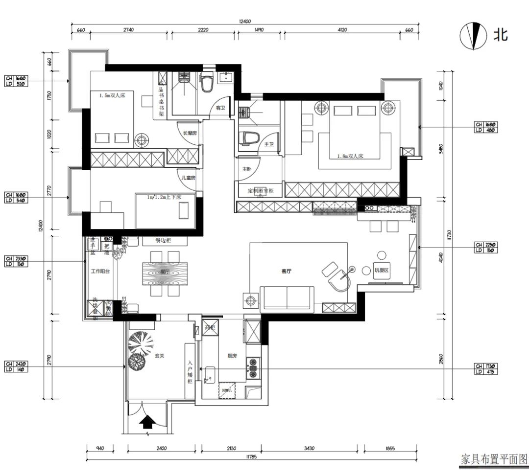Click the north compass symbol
[471, 36]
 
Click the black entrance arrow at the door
[146, 422]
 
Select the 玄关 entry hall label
[159, 356]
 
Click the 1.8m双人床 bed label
[350, 157]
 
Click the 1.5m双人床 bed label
[113, 96]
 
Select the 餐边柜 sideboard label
[165, 241]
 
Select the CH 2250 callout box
[485, 248]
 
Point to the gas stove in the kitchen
[254, 368]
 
